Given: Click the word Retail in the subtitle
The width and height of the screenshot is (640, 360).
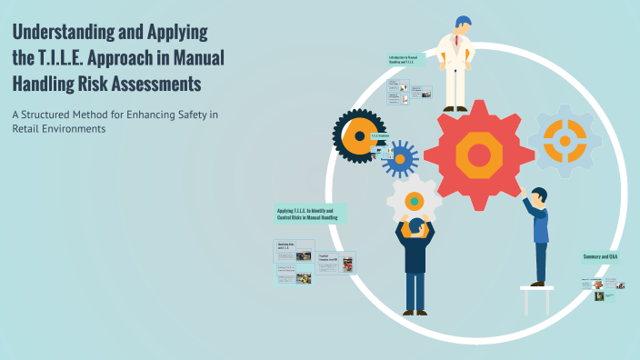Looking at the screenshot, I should [x=29, y=129].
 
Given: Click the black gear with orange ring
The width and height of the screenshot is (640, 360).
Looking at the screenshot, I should [x=360, y=136].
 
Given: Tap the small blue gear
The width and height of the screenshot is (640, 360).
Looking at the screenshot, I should [x=399, y=157].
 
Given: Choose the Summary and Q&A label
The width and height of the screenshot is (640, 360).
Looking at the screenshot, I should [x=600, y=257].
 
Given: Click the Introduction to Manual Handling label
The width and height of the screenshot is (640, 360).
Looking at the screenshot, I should [x=403, y=60].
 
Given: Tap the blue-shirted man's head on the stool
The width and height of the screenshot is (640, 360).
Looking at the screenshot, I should [x=539, y=195].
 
